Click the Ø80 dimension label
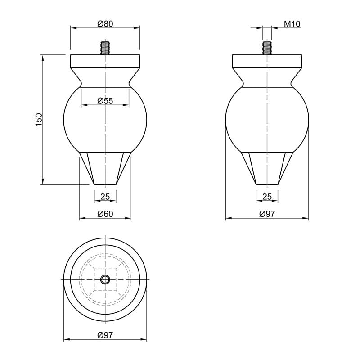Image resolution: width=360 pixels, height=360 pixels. [105, 24]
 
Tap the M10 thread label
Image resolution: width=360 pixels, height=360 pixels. [292, 24]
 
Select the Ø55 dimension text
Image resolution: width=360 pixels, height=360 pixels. [105, 100]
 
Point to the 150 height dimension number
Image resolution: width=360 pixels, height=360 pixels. [39, 119]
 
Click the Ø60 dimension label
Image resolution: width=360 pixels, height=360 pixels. [105, 214]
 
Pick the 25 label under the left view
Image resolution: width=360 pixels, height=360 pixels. [105, 197]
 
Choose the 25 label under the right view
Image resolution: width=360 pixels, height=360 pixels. [267, 197]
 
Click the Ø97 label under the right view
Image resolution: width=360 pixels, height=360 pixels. [267, 214]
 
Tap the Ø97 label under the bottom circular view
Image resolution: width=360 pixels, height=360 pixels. [105, 335]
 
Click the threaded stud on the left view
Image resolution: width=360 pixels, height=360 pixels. [105, 48]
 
